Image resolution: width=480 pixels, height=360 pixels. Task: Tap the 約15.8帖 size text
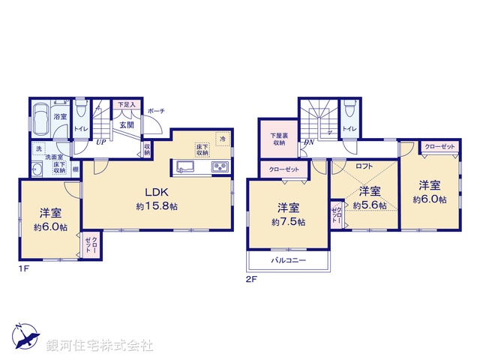click(156, 205)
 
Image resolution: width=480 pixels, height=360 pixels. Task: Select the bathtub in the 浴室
click(41, 118)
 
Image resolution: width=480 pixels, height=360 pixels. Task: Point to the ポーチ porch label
click(156, 111)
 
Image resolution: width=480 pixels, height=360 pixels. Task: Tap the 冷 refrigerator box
click(222, 139)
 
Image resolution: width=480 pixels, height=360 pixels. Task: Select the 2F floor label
click(251, 279)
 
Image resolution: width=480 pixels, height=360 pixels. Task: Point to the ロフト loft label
click(364, 166)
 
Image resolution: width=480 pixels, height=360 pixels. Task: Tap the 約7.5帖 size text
click(289, 222)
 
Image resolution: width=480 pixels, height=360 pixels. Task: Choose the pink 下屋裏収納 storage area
click(278, 138)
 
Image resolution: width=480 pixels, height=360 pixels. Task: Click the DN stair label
click(308, 142)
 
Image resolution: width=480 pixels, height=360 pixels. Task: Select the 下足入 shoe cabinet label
click(124, 105)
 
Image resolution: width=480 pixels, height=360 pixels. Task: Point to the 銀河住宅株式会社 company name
click(99, 346)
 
